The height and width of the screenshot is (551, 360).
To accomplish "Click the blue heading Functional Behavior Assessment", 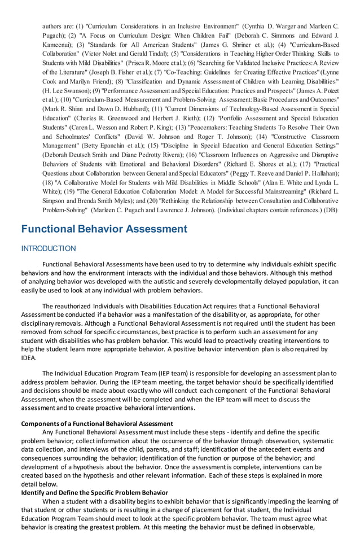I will (x=104, y=229).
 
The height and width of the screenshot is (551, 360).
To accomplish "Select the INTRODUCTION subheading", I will (x=49, y=248).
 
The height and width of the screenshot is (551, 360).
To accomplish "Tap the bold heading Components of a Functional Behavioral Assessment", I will (x=97, y=423).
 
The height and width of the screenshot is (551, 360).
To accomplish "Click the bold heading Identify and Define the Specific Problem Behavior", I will (x=95, y=492).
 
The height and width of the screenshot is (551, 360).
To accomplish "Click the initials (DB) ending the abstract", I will (x=331, y=209).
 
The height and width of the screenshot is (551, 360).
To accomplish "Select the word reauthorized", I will (x=77, y=306).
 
